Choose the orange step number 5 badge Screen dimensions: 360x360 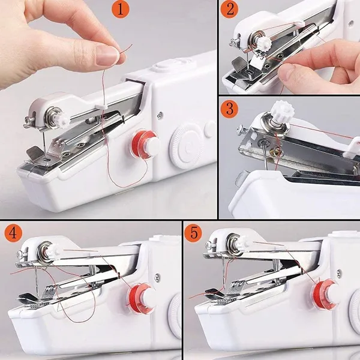(193, 232)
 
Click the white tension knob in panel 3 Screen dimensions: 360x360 (280, 112)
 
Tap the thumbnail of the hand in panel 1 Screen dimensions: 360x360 (107, 55)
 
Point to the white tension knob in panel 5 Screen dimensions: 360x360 (242, 244)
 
